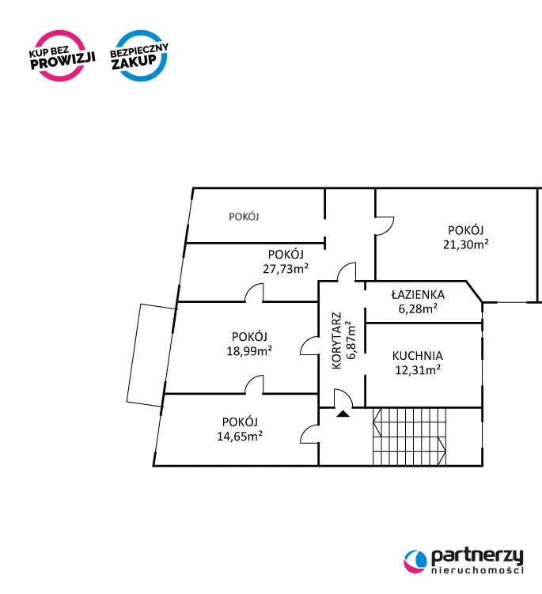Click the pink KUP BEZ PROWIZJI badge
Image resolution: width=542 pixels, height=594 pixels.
[62, 56]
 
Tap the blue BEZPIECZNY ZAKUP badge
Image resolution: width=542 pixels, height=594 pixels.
[139, 56]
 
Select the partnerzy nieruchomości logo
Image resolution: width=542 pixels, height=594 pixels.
[464, 561]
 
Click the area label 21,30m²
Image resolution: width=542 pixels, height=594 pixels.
[466, 244]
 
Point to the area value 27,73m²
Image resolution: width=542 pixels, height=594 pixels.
[286, 269]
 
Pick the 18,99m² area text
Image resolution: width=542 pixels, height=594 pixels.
[249, 351]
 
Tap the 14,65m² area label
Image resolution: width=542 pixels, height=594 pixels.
[240, 436]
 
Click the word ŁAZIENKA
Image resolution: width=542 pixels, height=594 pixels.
[418, 295]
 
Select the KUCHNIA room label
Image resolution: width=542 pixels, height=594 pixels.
[417, 356]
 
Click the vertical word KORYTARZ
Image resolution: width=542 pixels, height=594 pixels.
[336, 341]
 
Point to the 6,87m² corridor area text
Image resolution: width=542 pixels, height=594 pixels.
[351, 340]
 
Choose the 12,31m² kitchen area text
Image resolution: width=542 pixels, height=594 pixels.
[418, 369]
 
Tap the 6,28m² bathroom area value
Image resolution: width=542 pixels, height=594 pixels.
[418, 308]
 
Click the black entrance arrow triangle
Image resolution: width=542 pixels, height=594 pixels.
[343, 414]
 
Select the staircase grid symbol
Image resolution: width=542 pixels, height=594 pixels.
[409, 437]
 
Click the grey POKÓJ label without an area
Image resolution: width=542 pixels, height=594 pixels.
[244, 216]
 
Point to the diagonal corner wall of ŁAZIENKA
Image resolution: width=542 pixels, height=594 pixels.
[474, 291]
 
